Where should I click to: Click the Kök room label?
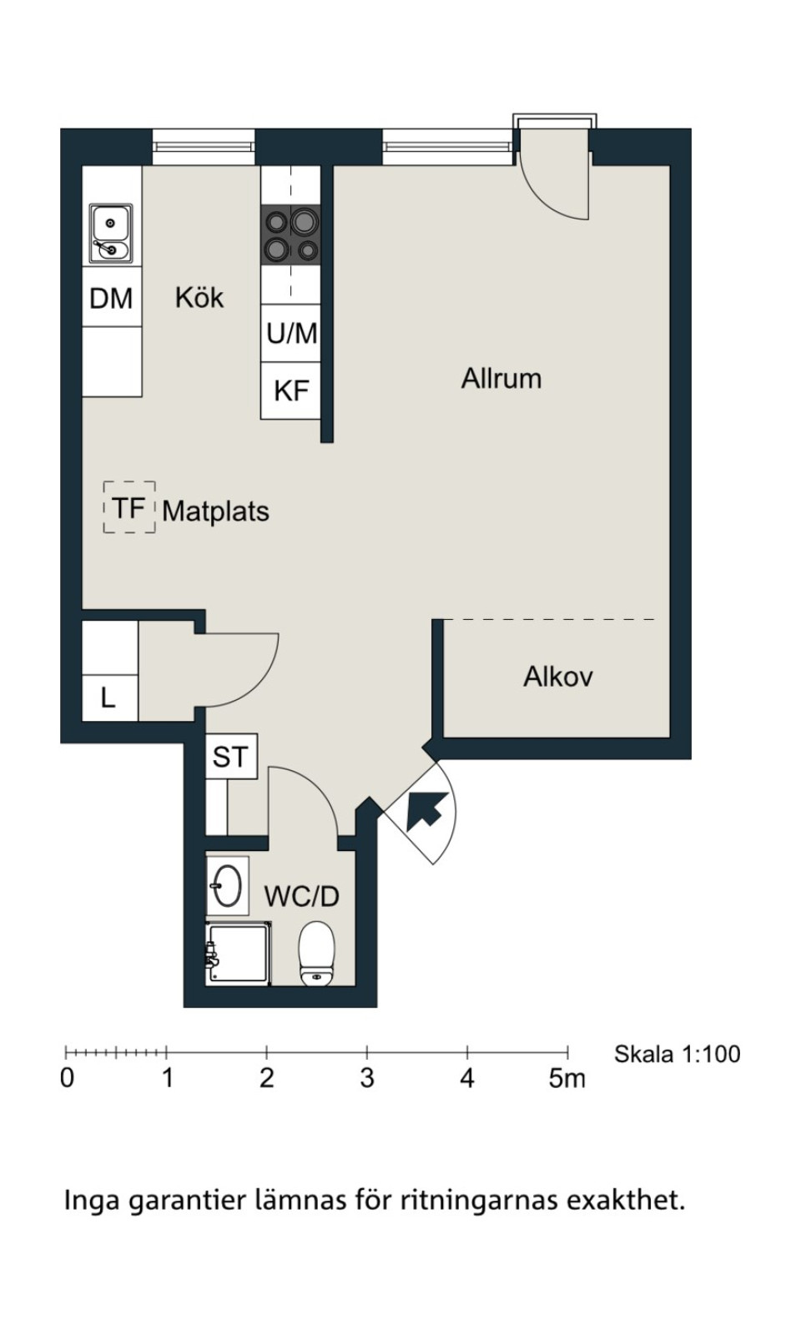[x=199, y=298]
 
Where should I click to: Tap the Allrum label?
[x=501, y=379]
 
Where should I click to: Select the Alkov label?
[x=557, y=677]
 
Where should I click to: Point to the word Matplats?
[x=215, y=511]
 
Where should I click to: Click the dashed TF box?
[x=129, y=507]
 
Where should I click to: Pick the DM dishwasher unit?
[x=112, y=297]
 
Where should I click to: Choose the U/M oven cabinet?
[x=291, y=333]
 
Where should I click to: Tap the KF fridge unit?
[x=291, y=390]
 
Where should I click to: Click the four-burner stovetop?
[x=291, y=234]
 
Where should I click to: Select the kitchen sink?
[x=111, y=234]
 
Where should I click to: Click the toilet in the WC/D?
[x=316, y=954]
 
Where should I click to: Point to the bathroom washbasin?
[x=227, y=886]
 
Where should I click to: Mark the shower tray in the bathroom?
[x=238, y=955]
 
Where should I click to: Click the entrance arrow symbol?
[x=427, y=810]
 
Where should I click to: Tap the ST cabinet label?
[x=229, y=757]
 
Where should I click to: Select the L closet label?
[x=108, y=698]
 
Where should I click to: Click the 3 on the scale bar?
[x=367, y=1078]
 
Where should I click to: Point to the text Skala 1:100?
[x=677, y=1054]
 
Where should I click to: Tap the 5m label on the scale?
[x=567, y=1078]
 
